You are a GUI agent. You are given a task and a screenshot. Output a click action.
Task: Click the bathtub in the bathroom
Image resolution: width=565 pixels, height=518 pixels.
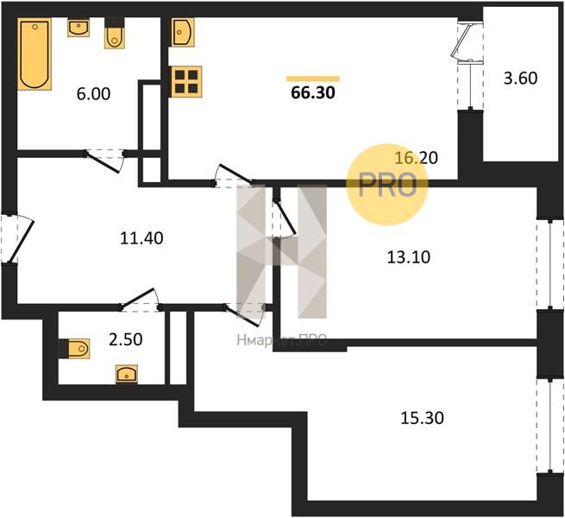coord(35,54)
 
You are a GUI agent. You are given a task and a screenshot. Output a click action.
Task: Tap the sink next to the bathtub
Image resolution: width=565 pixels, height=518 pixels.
coord(78,28)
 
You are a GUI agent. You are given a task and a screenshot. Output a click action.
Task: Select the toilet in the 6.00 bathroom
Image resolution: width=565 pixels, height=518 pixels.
coord(114,35)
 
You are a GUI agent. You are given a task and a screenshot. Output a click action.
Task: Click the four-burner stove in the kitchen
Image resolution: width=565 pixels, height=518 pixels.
coord(186,81)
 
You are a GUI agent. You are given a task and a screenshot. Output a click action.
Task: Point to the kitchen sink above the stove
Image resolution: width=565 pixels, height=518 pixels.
coord(183,33)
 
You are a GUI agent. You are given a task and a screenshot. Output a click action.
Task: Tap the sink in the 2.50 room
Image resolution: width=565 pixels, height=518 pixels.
coord(127,374)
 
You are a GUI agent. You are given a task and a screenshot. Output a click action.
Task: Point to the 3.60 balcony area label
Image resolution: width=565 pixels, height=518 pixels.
coord(520,79)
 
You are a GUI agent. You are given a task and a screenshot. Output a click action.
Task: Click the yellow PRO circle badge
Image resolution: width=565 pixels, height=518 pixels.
coord(387,184)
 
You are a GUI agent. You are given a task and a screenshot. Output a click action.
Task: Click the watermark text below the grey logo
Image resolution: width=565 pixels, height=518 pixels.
coord(282,340)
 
